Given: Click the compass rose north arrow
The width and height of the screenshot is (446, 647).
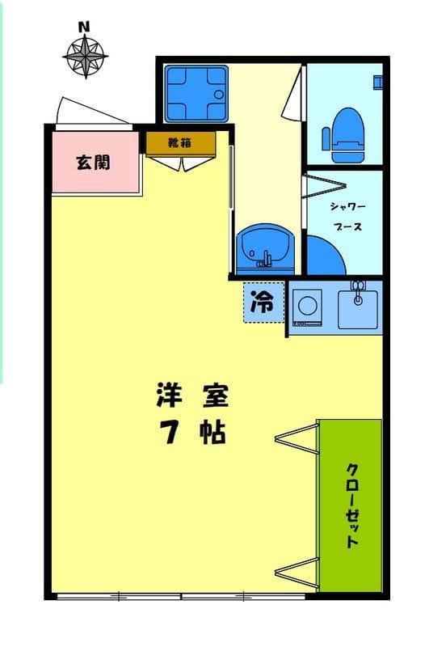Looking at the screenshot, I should click(x=84, y=56).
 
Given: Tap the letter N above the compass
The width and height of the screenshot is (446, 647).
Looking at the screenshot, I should click(x=83, y=27).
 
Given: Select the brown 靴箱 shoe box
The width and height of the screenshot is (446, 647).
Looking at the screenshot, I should click(x=180, y=143).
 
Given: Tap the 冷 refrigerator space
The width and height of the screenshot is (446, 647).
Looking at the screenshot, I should click(x=263, y=302).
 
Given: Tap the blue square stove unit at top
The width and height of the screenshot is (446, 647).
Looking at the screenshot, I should click(x=196, y=91).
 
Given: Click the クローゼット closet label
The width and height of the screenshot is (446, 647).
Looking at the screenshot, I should click(x=352, y=505).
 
